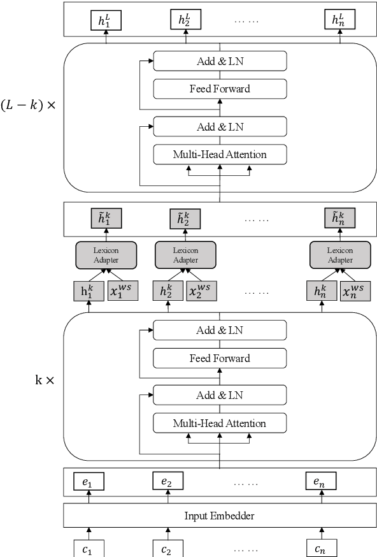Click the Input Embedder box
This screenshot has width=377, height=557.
(x=220, y=515)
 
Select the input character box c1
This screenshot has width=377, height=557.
(x=89, y=547)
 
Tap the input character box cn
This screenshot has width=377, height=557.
(x=321, y=547)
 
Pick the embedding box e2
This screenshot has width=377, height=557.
(x=167, y=482)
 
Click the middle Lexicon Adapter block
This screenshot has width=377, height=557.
(x=185, y=255)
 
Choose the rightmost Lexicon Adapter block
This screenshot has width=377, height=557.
(x=340, y=255)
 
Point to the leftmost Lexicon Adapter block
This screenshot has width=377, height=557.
(x=106, y=255)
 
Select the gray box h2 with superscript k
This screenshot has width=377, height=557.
(x=167, y=291)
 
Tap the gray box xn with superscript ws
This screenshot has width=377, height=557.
(x=355, y=291)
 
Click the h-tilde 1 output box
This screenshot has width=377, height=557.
(x=106, y=218)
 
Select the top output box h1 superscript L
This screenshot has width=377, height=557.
(x=106, y=20)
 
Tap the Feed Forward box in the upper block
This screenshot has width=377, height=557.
(x=220, y=89)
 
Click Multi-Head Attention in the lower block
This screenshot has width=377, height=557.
(x=220, y=423)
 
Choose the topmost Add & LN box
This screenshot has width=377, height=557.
(x=220, y=61)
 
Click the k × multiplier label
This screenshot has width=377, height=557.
(x=45, y=380)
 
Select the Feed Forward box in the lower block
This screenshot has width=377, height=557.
(x=220, y=358)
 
